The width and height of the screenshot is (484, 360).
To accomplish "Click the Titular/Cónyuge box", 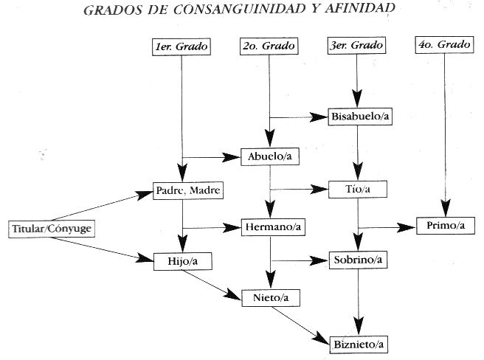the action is (52, 229).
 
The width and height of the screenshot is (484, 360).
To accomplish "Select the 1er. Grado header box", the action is (181, 46).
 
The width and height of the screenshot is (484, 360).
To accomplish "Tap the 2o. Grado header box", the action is (269, 46).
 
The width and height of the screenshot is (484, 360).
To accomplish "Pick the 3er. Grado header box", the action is (356, 45).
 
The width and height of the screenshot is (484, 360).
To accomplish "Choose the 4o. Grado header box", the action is (444, 44).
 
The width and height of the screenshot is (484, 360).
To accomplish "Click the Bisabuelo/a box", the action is (360, 117).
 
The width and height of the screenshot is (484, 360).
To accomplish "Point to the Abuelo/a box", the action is (270, 156).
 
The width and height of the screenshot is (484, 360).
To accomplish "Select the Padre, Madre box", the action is (188, 190).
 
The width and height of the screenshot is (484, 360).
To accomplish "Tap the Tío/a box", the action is (358, 189).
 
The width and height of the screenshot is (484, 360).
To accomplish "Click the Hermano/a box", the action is (273, 227).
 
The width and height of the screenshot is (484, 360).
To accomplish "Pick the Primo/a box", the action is (446, 226).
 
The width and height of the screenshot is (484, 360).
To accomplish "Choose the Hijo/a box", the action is (183, 261).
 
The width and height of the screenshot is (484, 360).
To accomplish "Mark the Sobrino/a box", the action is (358, 260).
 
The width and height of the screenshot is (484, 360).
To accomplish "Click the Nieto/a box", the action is (271, 297).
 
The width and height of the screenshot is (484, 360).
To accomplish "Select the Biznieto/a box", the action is (359, 345).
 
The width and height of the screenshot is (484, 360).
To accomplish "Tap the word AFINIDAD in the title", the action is (360, 7).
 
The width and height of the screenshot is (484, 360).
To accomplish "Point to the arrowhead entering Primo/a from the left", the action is (407, 227).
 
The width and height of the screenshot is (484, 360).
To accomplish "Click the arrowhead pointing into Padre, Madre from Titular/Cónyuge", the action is (144, 195).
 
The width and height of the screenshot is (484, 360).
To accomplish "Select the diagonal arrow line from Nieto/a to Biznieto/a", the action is (300, 325).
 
